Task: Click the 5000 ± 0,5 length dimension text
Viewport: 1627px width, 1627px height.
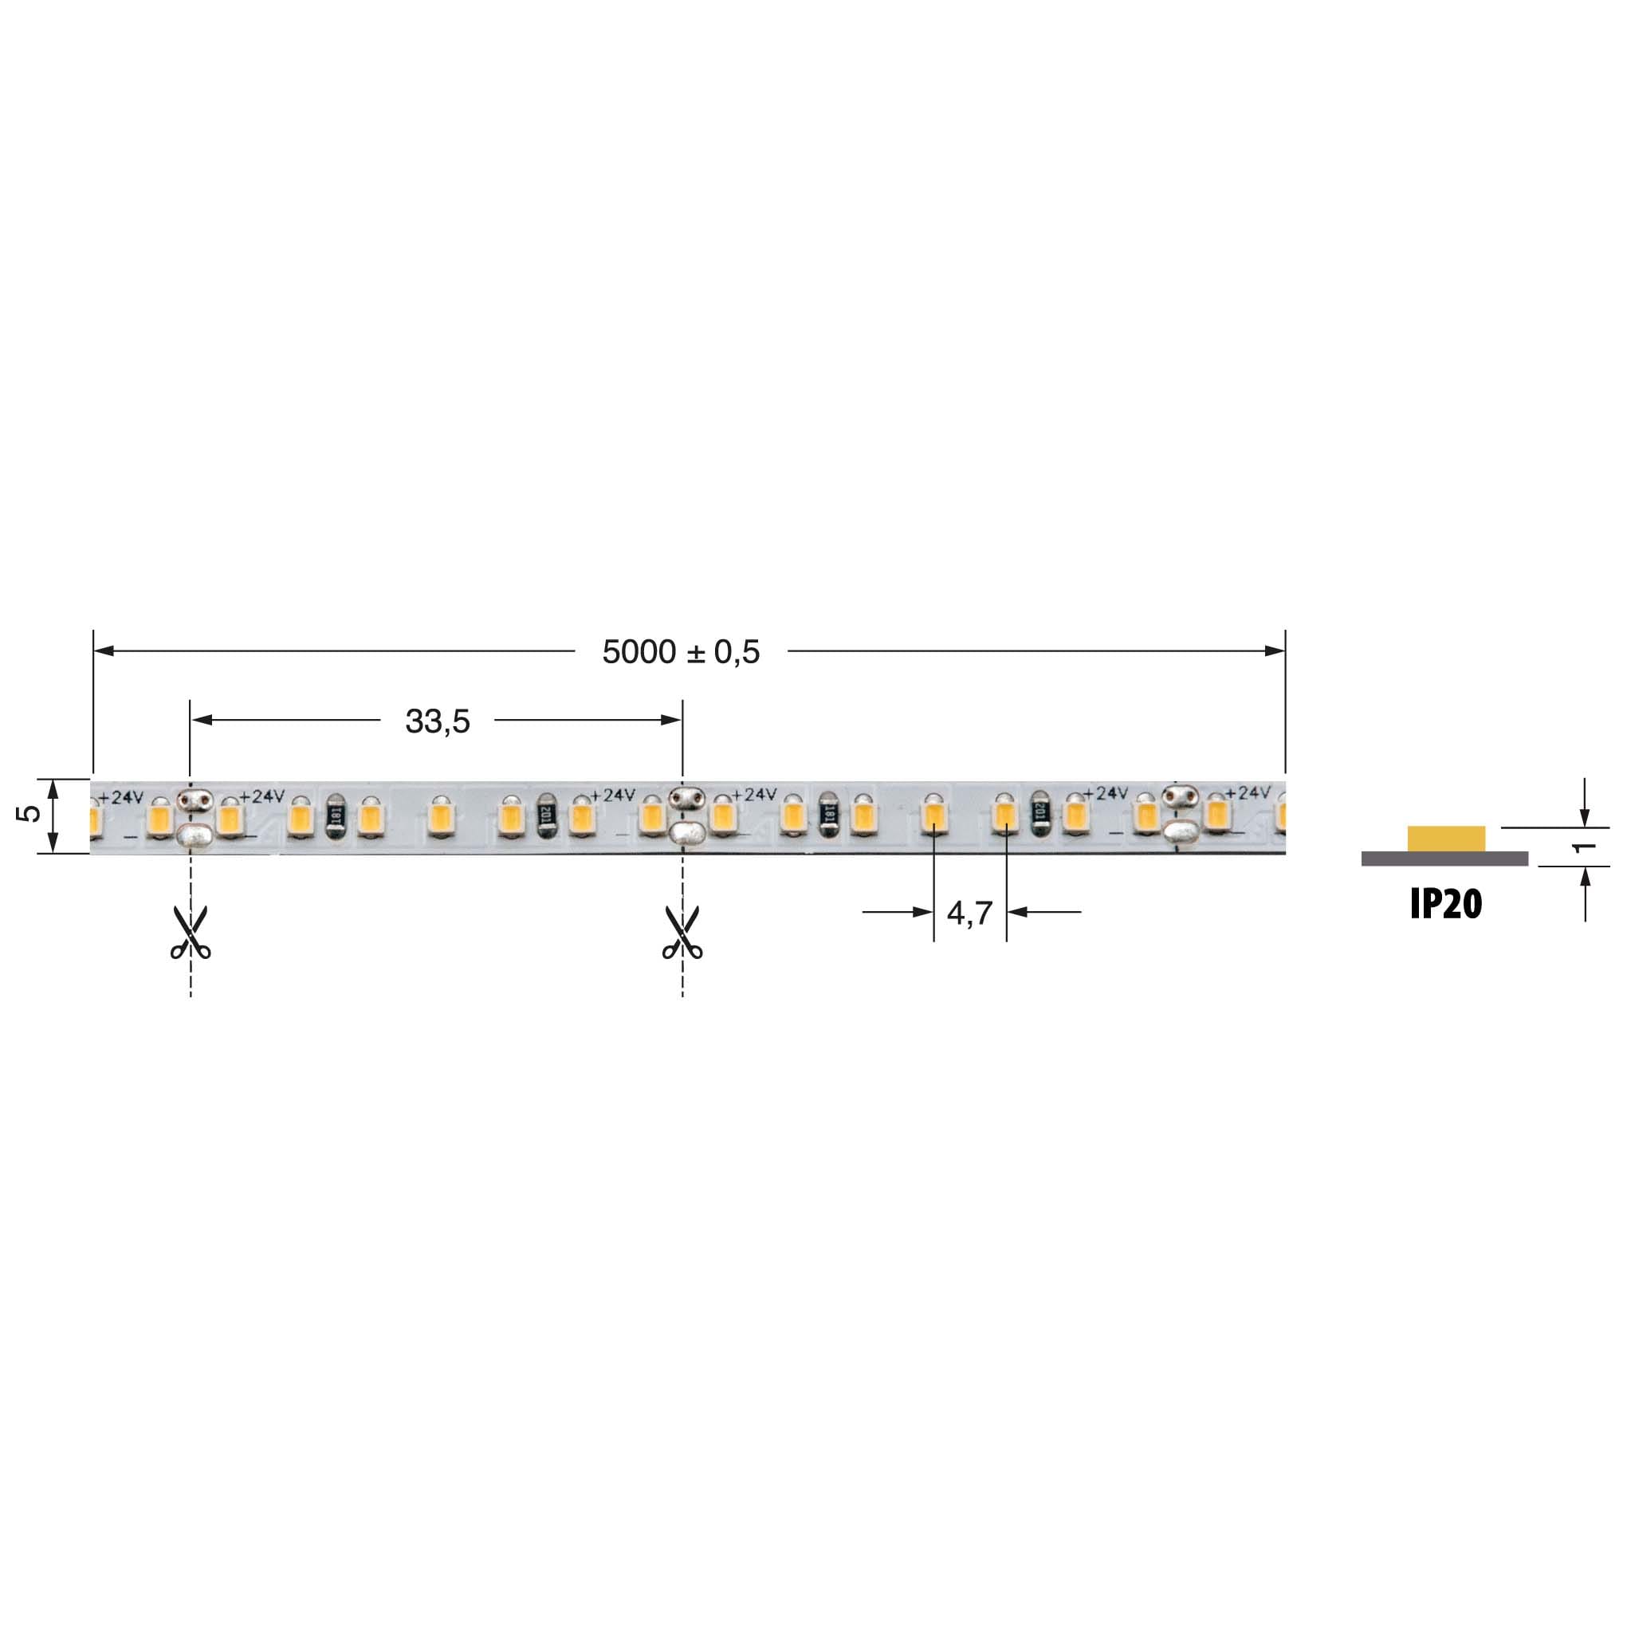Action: [x=681, y=652]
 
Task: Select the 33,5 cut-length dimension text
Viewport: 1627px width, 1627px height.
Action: [x=437, y=721]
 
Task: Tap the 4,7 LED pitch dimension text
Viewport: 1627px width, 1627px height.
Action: [x=969, y=912]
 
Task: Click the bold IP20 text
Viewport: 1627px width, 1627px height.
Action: [x=1445, y=905]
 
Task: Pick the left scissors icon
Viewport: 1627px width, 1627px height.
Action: [x=191, y=933]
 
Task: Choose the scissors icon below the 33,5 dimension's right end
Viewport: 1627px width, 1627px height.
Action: [x=682, y=933]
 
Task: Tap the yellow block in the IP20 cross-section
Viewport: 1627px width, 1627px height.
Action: [x=1446, y=839]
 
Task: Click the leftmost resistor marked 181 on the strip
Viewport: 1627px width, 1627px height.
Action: [x=335, y=815]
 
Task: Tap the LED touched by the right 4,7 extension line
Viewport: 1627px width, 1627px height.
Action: [x=1004, y=815]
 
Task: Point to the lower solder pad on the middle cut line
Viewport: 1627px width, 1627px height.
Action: [x=686, y=834]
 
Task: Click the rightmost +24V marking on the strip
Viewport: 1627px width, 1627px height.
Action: [x=1248, y=792]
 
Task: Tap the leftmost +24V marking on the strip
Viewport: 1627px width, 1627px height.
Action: [x=121, y=796]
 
